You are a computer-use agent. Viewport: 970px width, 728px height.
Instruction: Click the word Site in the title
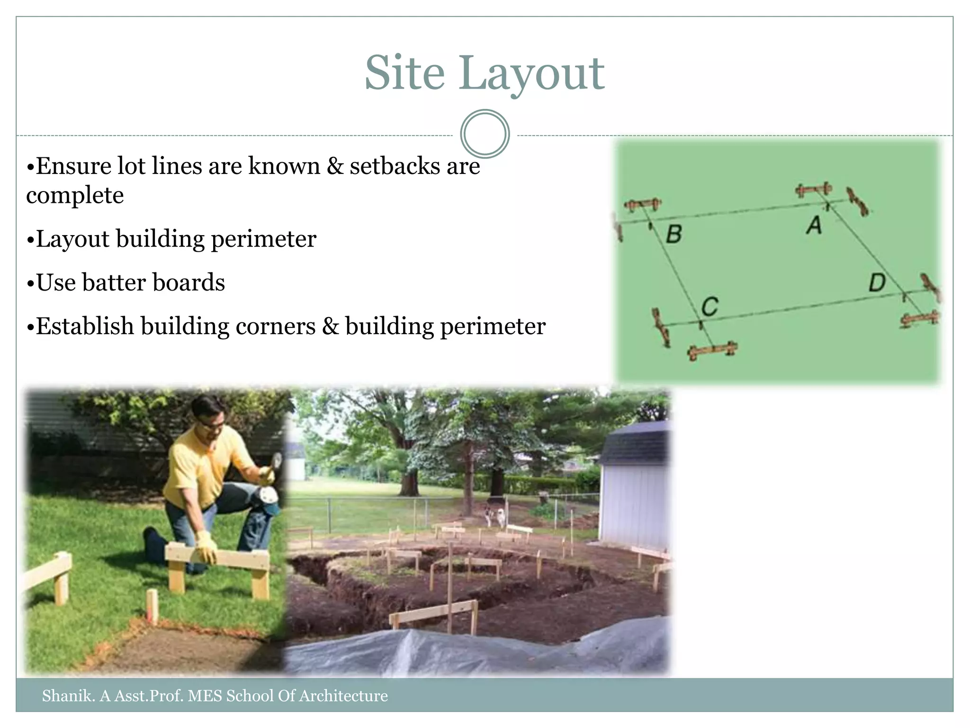pyautogui.click(x=404, y=73)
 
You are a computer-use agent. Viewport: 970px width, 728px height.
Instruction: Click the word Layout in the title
pyautogui.click(x=531, y=75)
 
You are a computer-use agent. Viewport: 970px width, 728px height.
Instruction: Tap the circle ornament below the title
pyautogui.click(x=485, y=134)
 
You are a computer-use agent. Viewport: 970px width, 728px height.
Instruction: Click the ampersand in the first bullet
pyautogui.click(x=335, y=166)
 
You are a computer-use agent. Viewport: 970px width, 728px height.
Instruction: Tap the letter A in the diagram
pyautogui.click(x=814, y=225)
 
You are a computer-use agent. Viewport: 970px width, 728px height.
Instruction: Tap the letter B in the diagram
pyautogui.click(x=674, y=234)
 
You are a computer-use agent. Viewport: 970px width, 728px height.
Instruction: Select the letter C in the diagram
pyautogui.click(x=710, y=307)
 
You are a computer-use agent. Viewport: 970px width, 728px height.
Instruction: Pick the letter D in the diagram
pyautogui.click(x=877, y=283)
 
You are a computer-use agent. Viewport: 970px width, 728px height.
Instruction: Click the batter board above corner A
pyautogui.click(x=813, y=190)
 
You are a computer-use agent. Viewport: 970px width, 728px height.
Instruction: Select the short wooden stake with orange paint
pyautogui.click(x=152, y=606)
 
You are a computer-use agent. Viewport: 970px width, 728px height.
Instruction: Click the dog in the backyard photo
pyautogui.click(x=494, y=517)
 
